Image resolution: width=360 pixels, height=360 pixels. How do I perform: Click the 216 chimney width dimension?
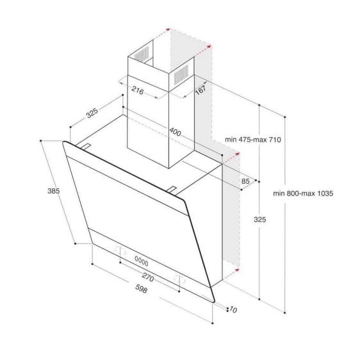click(136, 90)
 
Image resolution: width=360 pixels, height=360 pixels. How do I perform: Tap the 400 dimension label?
click(176, 133)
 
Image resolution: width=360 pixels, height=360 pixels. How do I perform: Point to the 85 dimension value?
click(246, 181)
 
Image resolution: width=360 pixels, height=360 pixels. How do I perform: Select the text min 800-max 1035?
click(304, 193)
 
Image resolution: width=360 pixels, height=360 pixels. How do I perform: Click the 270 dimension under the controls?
click(148, 279)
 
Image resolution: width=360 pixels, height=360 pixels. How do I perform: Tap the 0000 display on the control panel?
click(141, 263)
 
